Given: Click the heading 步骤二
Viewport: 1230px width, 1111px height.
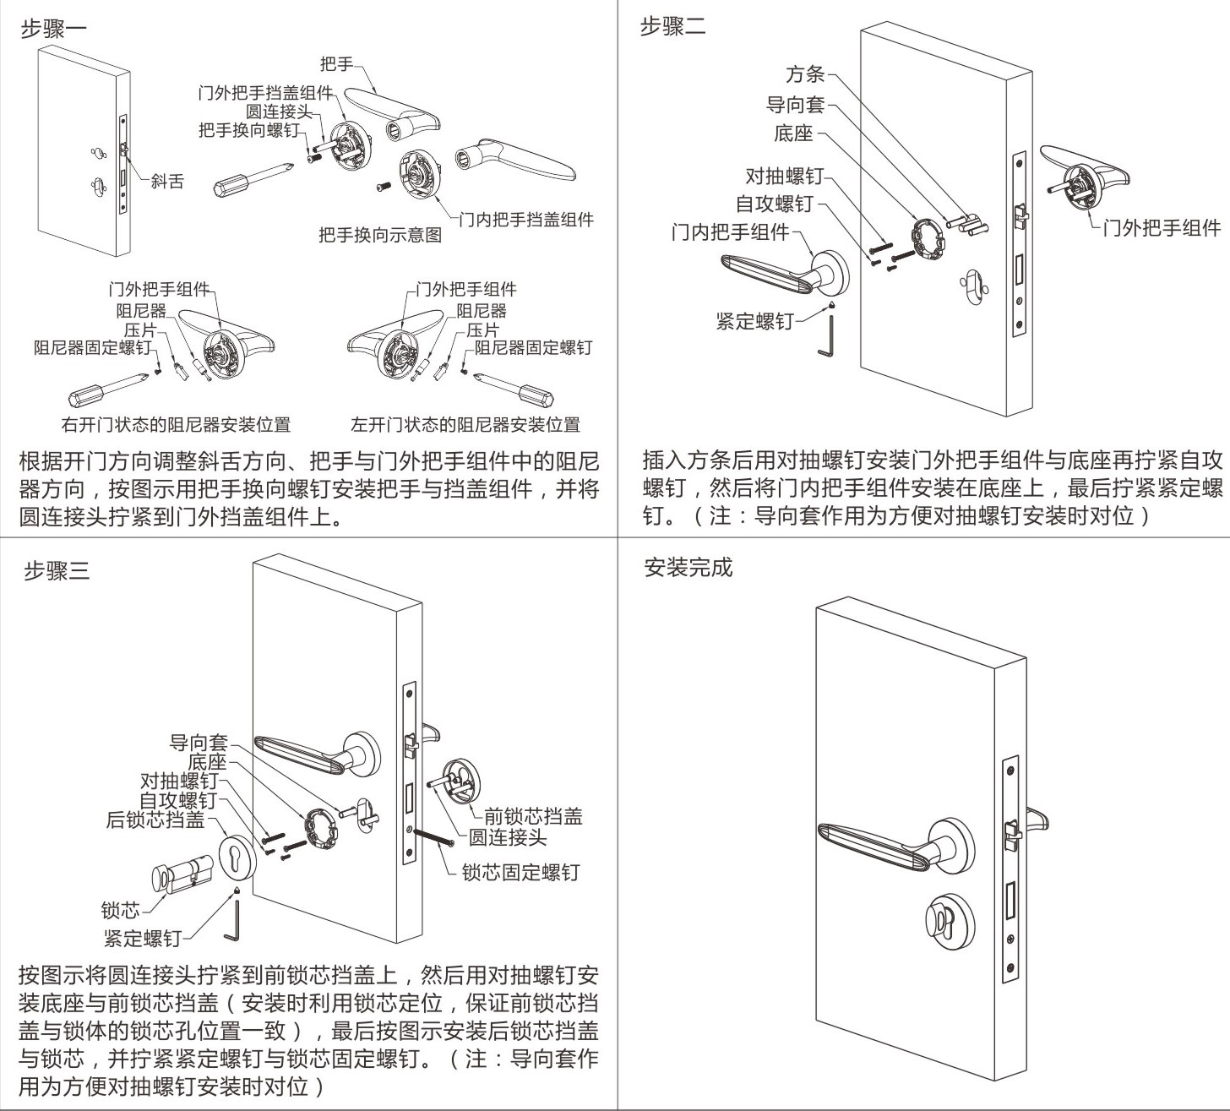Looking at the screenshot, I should click(672, 26).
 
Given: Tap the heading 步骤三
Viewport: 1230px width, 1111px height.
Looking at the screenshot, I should click(56, 571).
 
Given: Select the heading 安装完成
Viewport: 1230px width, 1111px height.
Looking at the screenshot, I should click(688, 567).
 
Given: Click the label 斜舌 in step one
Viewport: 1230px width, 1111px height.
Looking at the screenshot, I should click(167, 181).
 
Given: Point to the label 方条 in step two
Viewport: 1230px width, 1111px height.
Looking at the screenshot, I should click(804, 74).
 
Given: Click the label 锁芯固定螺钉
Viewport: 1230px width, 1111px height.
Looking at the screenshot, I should click(520, 872).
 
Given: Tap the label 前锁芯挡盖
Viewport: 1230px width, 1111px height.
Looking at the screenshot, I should click(532, 816).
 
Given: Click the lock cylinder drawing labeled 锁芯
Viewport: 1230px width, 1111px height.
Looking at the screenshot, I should click(180, 879).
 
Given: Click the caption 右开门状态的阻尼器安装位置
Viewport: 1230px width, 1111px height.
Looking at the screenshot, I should click(176, 424).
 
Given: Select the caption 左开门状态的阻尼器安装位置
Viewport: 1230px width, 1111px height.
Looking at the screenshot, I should click(465, 424).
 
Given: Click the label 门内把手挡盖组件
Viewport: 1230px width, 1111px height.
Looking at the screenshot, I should click(526, 220).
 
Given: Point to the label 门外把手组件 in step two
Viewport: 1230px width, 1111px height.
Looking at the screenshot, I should click(1162, 228).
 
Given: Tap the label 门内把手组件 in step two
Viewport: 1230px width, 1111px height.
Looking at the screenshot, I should click(730, 231).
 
